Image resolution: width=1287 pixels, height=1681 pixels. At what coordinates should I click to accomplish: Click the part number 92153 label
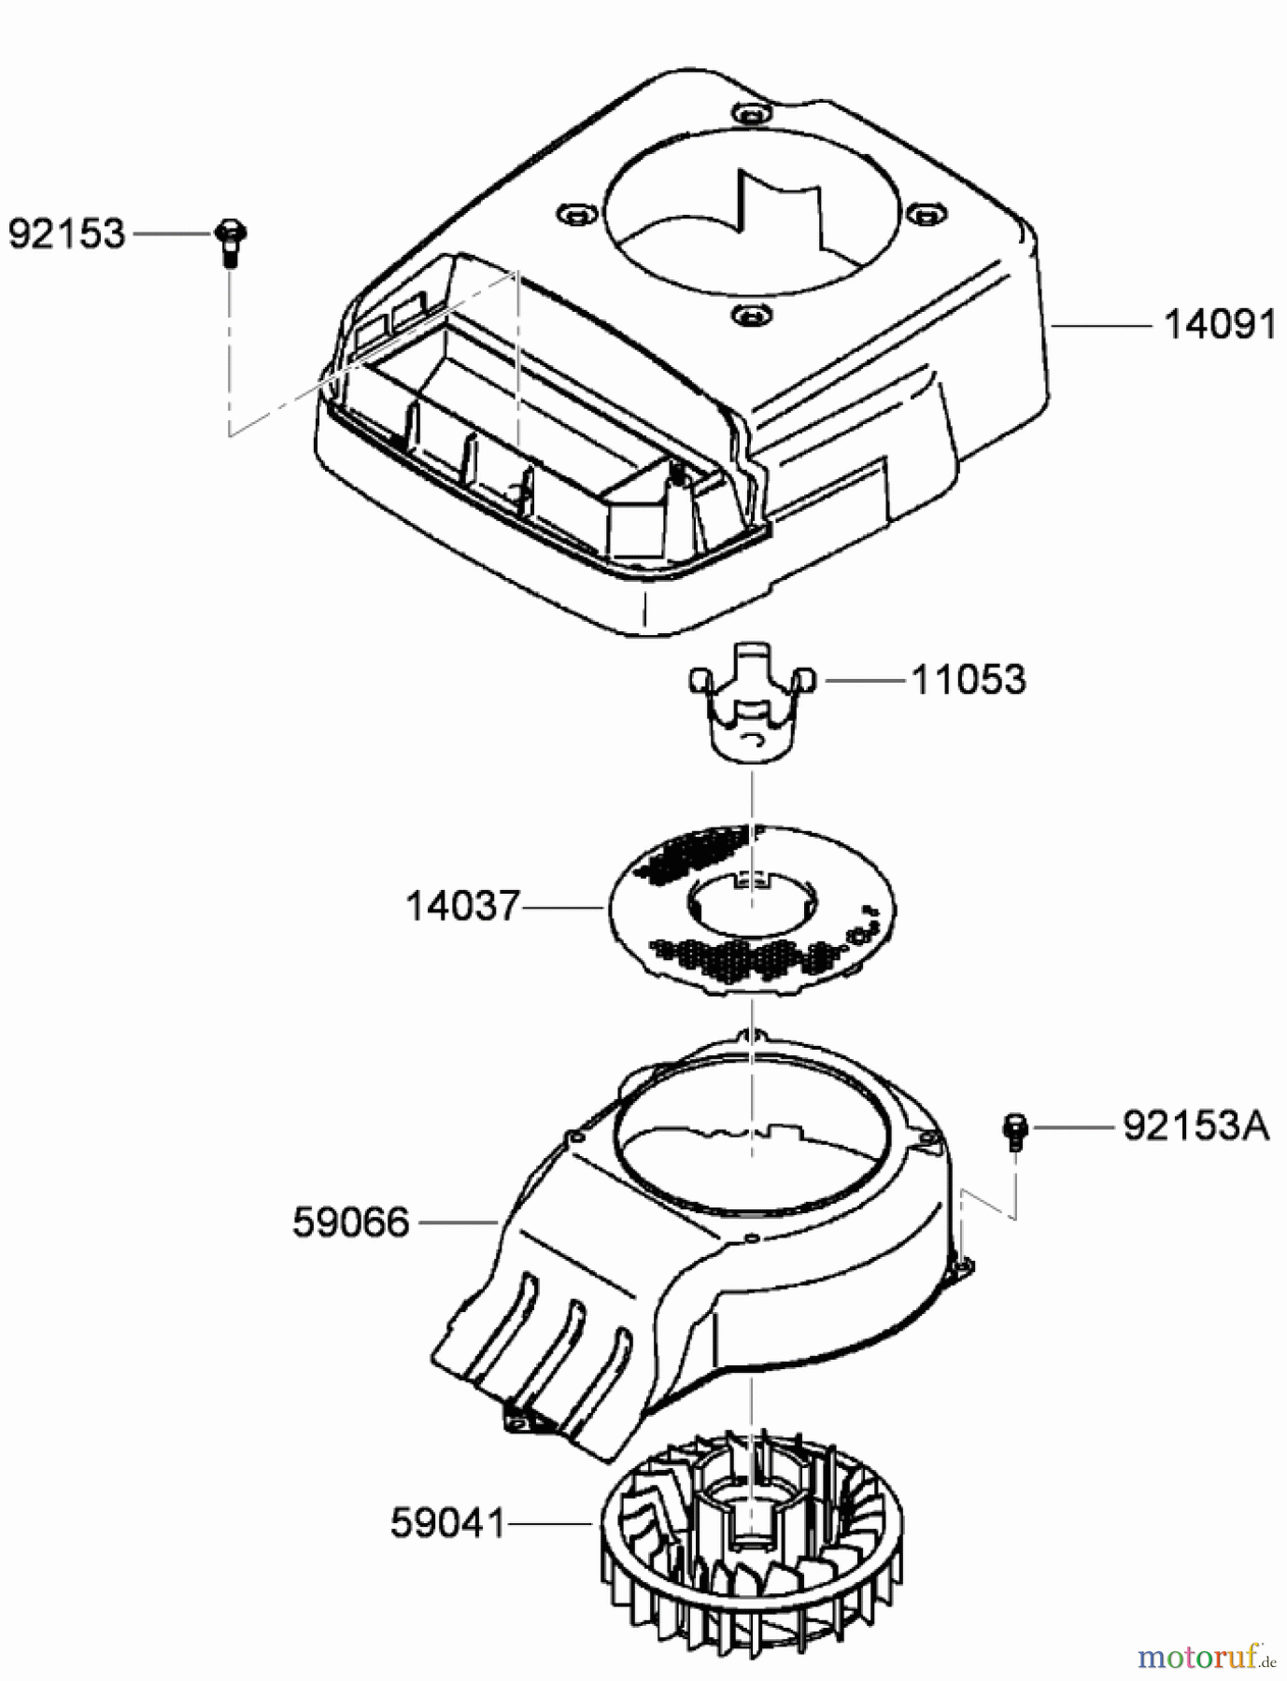point(66,233)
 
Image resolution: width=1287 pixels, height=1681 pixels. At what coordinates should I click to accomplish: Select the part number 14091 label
point(1220,325)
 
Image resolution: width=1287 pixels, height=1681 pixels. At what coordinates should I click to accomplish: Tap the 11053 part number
point(969,680)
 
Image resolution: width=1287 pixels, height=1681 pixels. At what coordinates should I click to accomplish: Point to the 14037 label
point(462,906)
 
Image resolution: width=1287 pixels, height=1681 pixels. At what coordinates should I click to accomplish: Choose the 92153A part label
point(1195,1126)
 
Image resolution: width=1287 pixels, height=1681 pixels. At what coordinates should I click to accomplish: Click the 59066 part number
point(351,1222)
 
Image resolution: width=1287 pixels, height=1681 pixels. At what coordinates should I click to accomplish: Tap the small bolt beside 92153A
point(1015,1130)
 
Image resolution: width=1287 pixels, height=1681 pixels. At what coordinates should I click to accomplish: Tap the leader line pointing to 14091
point(1100,326)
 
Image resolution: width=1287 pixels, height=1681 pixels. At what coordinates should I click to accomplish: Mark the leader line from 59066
point(459,1222)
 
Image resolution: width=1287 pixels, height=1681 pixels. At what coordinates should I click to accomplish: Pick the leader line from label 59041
point(550,1524)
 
